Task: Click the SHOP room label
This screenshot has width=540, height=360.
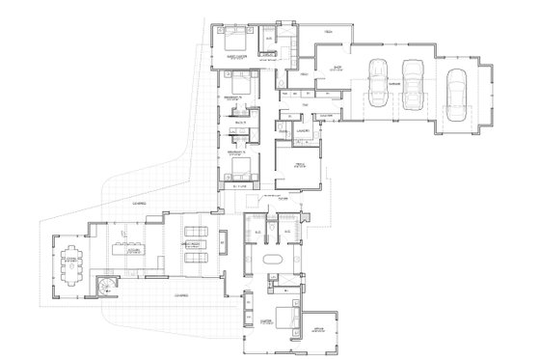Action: [x=337, y=68]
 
